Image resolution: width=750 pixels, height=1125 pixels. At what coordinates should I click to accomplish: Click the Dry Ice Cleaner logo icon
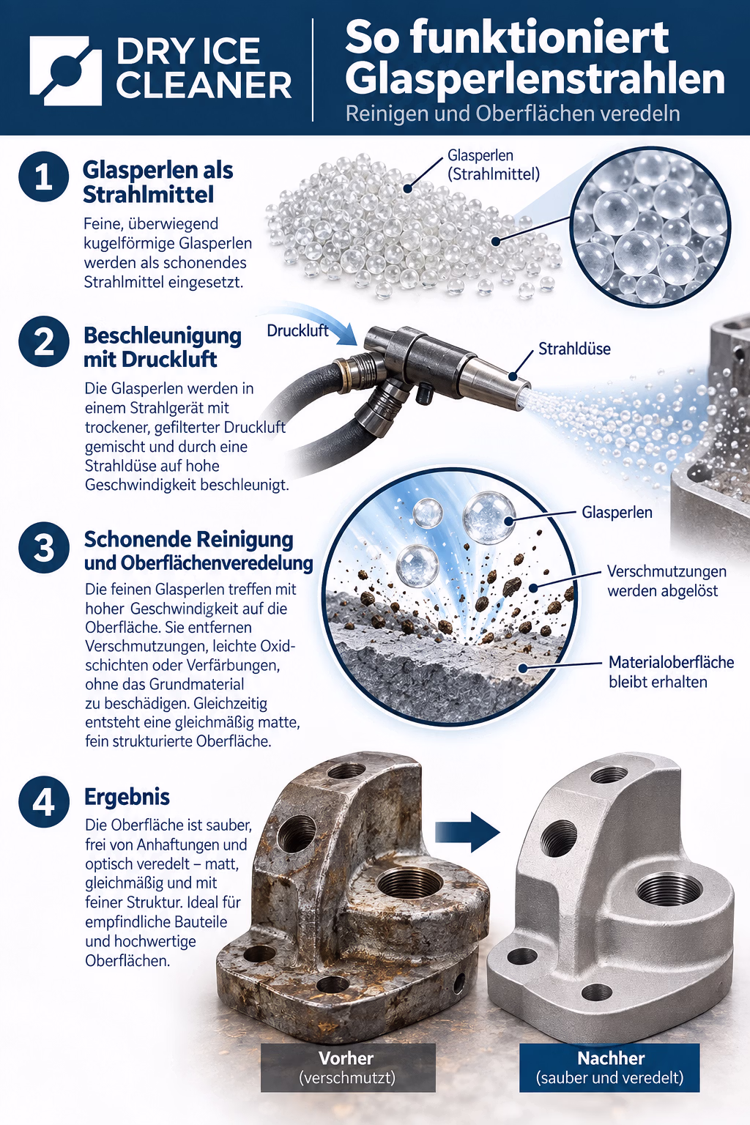click(65, 70)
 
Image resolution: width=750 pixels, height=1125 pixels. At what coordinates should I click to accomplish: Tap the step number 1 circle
click(44, 177)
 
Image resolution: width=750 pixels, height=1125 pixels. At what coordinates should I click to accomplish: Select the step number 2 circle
click(44, 341)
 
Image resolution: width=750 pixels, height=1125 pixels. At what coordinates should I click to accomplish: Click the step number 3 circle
click(44, 547)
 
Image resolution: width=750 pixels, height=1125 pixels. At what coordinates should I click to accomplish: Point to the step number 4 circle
click(44, 801)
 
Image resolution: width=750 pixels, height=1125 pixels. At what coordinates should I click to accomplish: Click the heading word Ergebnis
click(127, 797)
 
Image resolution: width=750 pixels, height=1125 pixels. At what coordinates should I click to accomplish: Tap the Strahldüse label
click(574, 349)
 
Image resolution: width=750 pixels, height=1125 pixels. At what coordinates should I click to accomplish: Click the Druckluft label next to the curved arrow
click(297, 330)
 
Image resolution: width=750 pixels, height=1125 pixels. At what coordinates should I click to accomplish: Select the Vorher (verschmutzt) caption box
click(348, 1067)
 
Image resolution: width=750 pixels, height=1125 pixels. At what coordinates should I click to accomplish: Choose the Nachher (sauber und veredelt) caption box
click(609, 1067)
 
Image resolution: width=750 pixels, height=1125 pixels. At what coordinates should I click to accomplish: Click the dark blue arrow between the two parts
click(467, 832)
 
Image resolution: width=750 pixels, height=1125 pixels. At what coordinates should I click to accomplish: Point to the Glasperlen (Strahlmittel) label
click(494, 165)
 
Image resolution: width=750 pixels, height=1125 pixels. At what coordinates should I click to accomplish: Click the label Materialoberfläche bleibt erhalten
click(671, 672)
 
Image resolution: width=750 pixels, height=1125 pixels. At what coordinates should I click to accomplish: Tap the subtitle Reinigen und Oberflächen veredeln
click(513, 114)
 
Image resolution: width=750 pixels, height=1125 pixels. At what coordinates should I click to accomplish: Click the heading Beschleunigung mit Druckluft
click(163, 348)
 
